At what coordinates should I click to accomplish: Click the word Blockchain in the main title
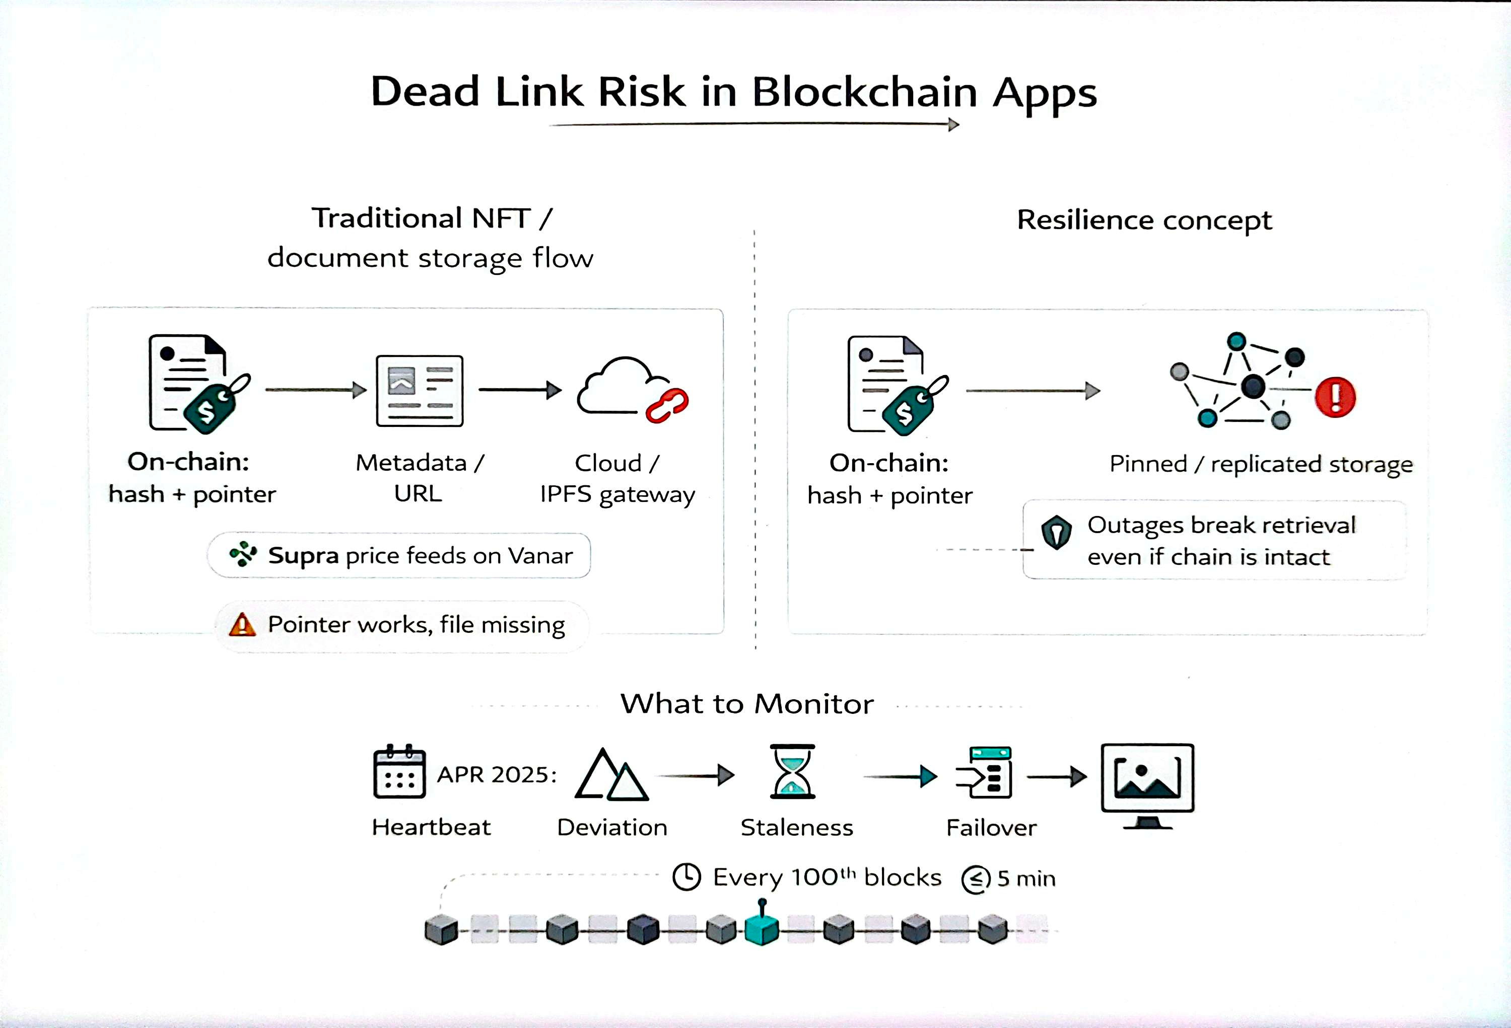pos(864,92)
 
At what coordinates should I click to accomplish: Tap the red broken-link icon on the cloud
pos(667,405)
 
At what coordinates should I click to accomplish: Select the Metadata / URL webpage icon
pos(420,391)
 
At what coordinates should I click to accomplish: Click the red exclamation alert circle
pos(1335,397)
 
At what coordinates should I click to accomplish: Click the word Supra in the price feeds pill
pos(303,556)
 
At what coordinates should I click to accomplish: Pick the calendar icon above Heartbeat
pos(399,771)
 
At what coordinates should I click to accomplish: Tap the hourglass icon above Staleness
pos(792,771)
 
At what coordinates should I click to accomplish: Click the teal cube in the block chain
pos(762,929)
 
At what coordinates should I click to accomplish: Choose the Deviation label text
pos(612,827)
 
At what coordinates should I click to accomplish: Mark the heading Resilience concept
pos(1144,221)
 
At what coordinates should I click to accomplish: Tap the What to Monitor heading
pos(746,704)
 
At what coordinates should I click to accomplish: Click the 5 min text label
pos(1026,878)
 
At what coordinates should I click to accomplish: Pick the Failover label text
pos(991,828)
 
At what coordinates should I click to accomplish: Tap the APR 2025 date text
pos(497,775)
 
